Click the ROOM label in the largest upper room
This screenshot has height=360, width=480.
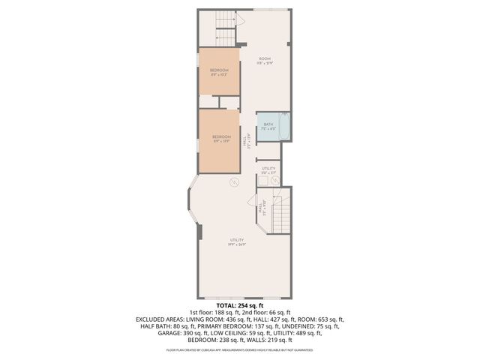(265, 59)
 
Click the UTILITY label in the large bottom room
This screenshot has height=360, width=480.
(237, 239)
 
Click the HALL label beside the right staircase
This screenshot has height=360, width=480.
(261, 211)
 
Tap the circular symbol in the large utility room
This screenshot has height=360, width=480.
(233, 182)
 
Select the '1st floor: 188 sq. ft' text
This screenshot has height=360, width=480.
(211, 313)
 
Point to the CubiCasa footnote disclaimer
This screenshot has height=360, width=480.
(240, 350)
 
